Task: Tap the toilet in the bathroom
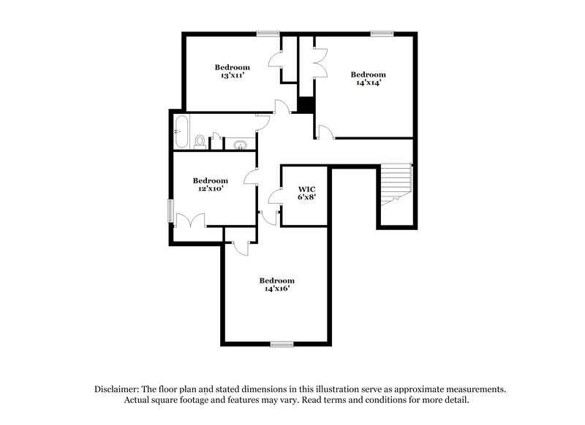200,140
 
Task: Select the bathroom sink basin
238,144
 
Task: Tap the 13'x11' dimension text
233,76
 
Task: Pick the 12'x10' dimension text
210,188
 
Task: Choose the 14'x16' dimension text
277,289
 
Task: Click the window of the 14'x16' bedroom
282,343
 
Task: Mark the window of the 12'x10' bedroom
171,212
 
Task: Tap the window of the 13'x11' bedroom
268,33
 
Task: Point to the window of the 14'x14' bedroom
382,33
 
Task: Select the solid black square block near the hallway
306,104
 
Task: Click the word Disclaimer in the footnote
119,390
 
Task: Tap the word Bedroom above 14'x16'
277,280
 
